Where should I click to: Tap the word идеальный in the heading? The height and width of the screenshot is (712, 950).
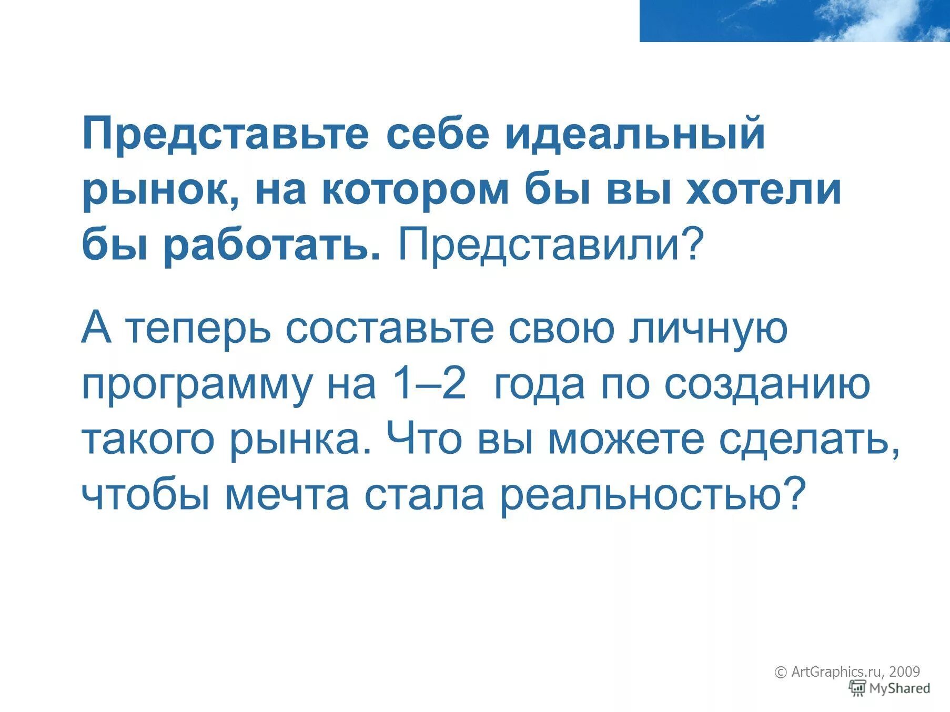coord(635,134)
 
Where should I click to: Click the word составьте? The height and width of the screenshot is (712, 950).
coord(390,329)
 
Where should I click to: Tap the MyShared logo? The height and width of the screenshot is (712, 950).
coord(890,688)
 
